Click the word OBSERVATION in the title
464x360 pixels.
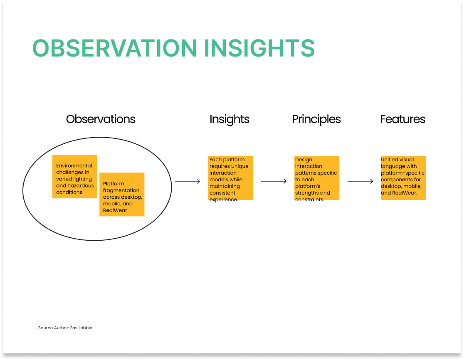[114, 48]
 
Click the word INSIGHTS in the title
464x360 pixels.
[259, 48]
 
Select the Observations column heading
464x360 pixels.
[101, 119]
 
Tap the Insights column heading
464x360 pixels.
[230, 119]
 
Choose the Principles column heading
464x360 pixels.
[316, 119]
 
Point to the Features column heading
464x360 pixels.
[403, 119]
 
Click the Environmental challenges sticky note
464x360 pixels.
[75, 177]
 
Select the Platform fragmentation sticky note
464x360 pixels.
[122, 195]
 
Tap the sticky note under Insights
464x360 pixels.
[230, 178]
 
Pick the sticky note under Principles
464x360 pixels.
[317, 178]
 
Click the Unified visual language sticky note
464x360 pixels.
[403, 178]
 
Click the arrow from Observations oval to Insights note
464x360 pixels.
[188, 181]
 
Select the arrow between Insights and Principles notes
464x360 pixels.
[274, 181]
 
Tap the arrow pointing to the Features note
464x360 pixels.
[360, 181]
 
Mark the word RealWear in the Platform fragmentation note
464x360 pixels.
[115, 210]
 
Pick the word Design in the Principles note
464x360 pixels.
[304, 160]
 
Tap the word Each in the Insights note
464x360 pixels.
[215, 160]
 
